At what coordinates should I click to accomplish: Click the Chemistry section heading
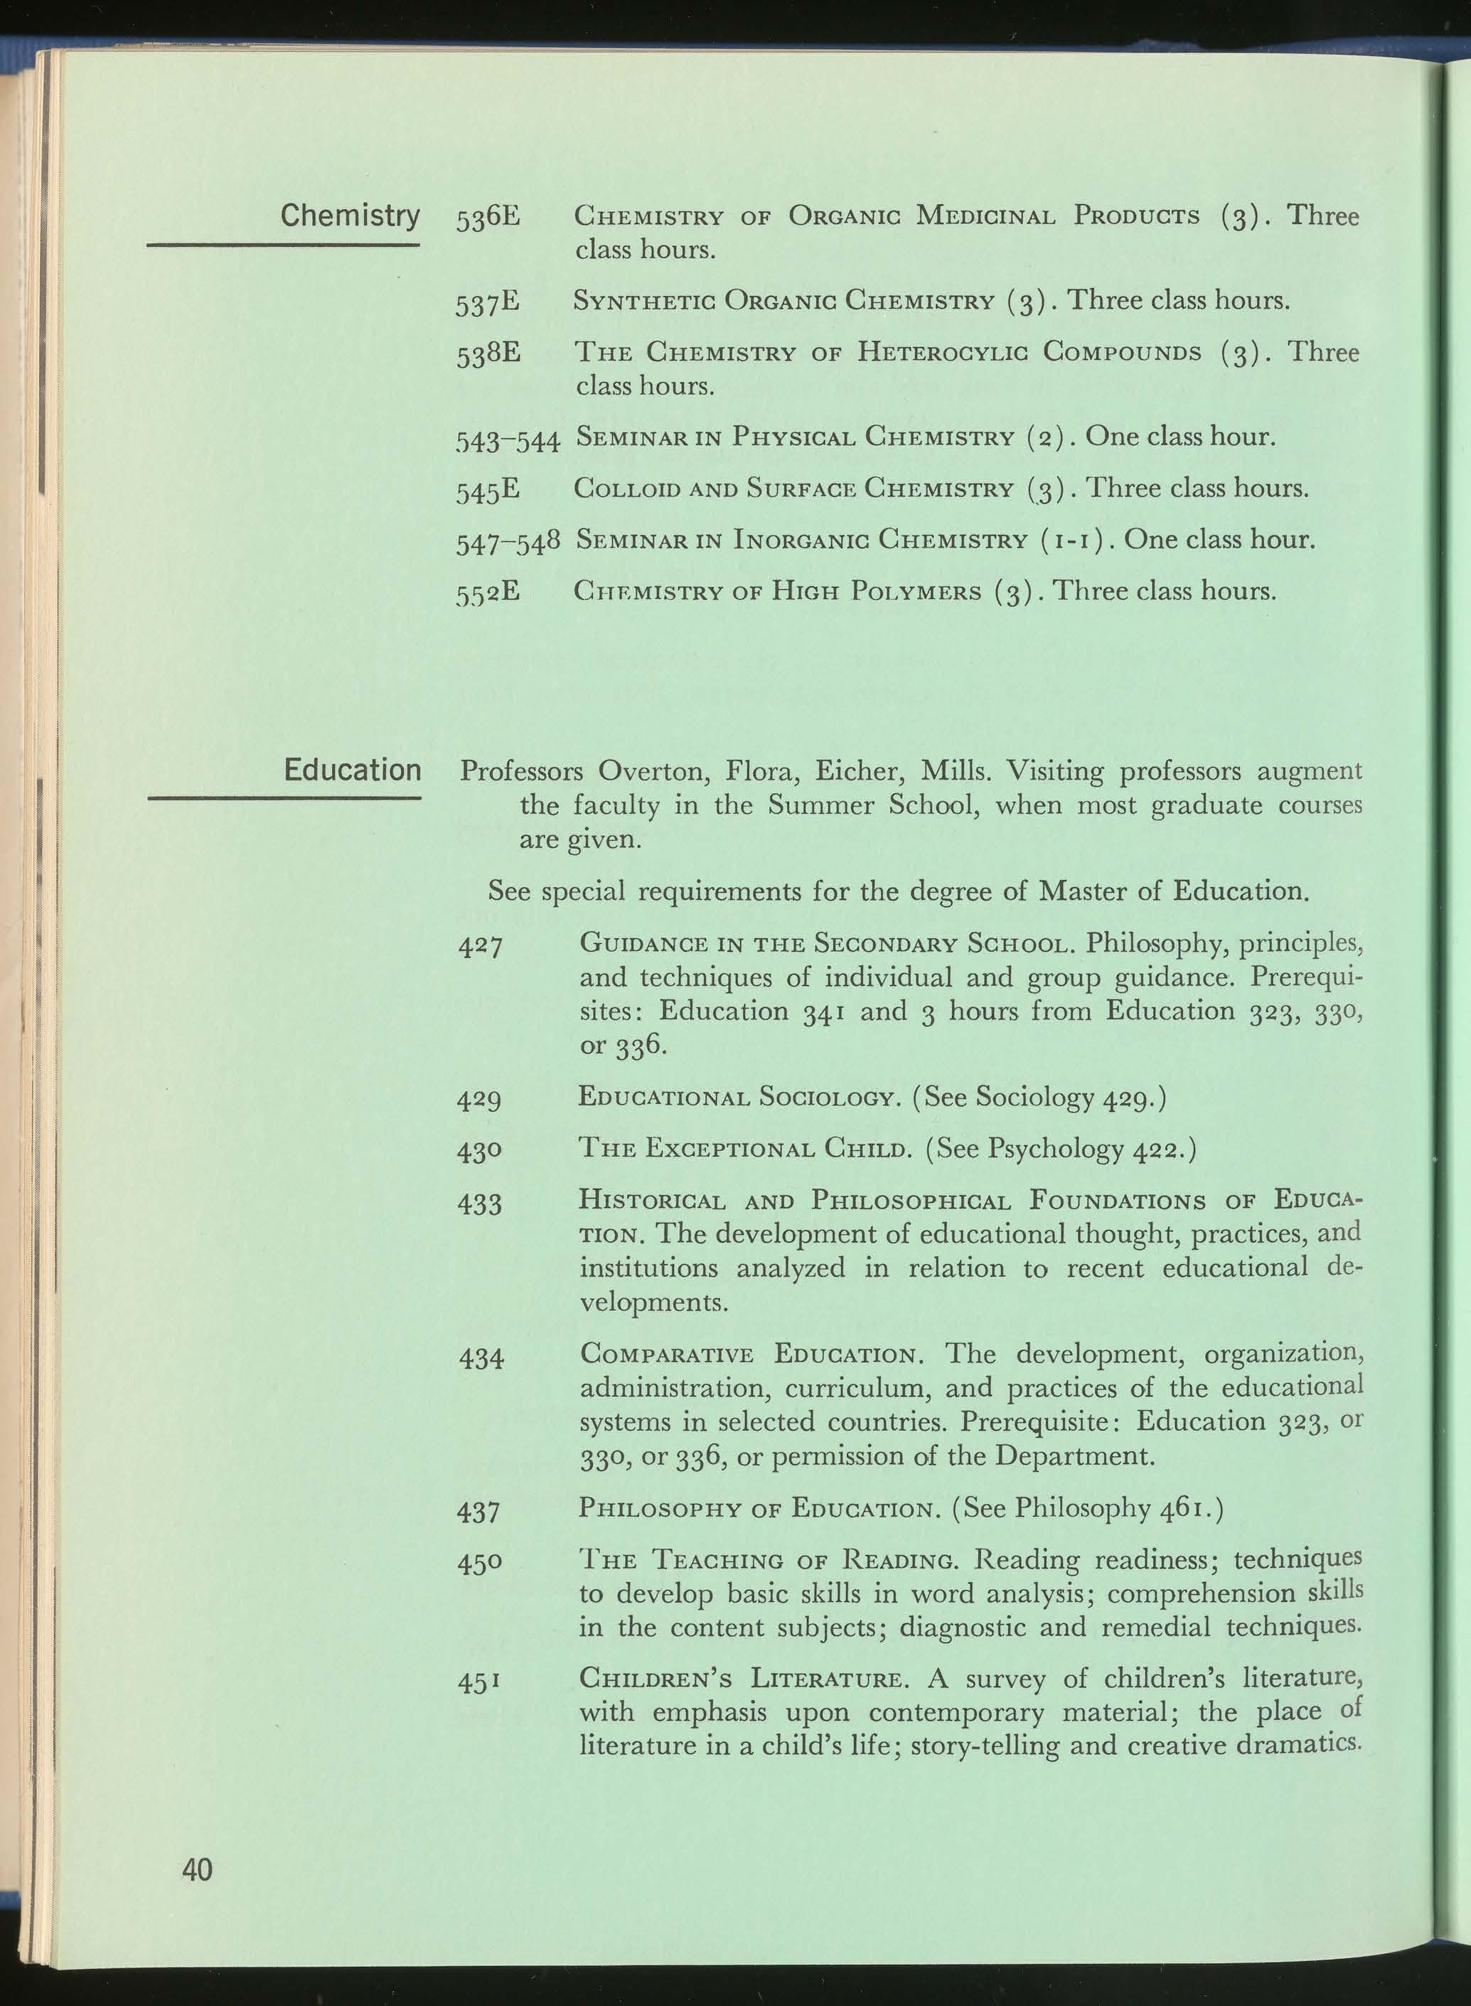tap(349, 216)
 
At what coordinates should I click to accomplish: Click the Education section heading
tap(352, 770)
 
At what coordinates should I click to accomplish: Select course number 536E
tap(488, 218)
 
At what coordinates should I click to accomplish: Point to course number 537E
tap(488, 303)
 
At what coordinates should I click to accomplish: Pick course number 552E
tap(488, 593)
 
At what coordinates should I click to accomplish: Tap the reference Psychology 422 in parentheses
tap(1086, 1149)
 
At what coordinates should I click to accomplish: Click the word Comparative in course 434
tap(666, 1356)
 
